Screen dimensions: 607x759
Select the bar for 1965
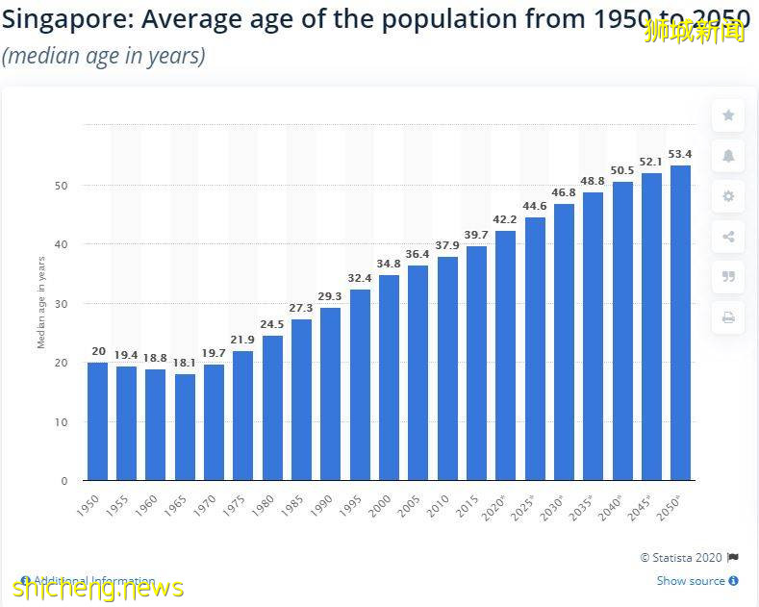click(x=185, y=427)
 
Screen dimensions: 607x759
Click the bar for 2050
click(x=680, y=323)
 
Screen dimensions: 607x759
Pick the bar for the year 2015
click(x=476, y=364)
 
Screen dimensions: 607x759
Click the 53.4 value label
click(x=680, y=154)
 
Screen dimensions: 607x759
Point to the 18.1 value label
click(x=185, y=363)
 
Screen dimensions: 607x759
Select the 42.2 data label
click(x=505, y=219)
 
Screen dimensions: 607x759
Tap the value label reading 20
click(x=97, y=351)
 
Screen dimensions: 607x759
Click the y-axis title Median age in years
click(x=41, y=302)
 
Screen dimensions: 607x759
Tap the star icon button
click(x=728, y=115)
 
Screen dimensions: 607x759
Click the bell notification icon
click(x=728, y=156)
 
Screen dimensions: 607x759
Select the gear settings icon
click(x=728, y=196)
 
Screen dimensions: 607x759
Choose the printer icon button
click(x=728, y=317)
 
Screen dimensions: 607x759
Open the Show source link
click(x=692, y=581)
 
